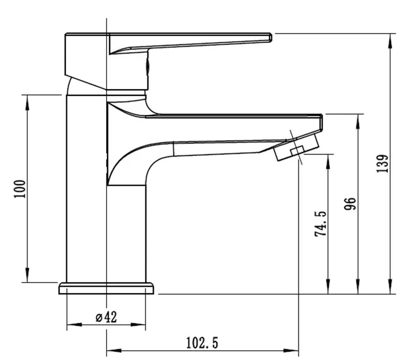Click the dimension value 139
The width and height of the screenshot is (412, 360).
382,164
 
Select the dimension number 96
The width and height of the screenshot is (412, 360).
350,203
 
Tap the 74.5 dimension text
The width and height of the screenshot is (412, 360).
321,224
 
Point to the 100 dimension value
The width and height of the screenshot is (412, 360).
20,189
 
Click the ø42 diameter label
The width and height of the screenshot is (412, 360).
106,317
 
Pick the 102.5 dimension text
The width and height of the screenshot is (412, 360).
202,343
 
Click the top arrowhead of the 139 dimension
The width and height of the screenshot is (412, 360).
390,41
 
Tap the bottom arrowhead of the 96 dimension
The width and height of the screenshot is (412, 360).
357,287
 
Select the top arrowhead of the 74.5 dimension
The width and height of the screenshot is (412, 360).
328,162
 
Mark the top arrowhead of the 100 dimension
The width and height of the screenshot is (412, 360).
27,102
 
